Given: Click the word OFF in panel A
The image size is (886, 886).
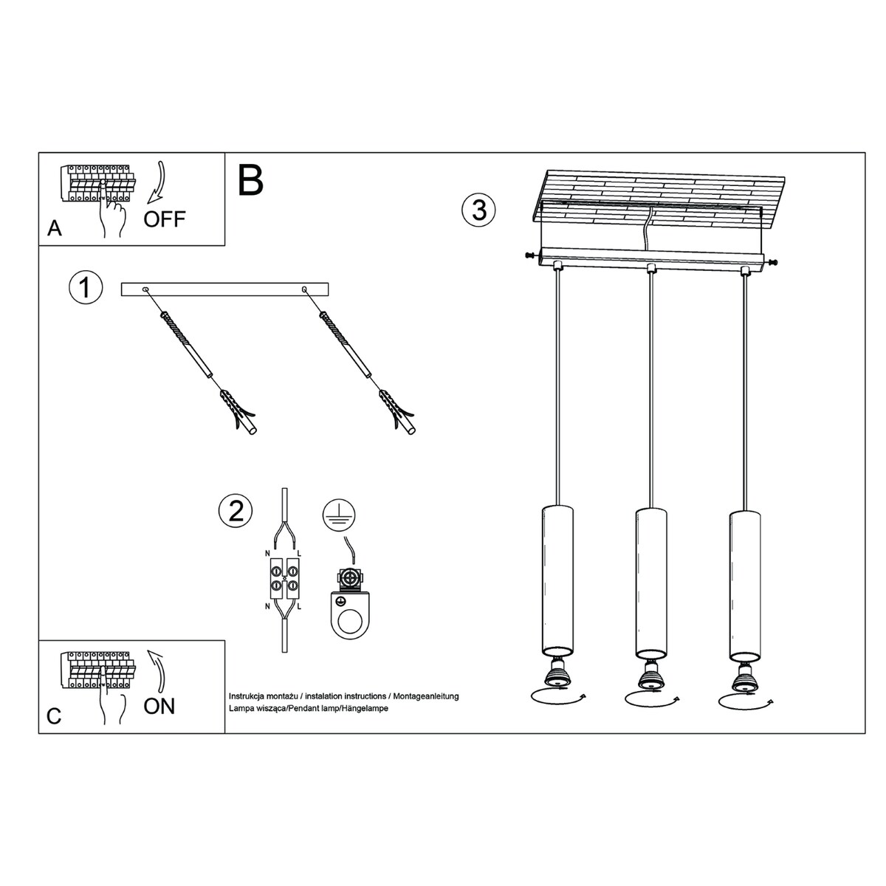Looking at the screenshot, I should (x=165, y=219).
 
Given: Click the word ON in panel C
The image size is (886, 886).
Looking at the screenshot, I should (x=159, y=706).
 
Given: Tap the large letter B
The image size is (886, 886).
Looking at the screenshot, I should (x=251, y=180).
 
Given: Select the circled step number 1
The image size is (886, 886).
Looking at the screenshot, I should (x=85, y=287).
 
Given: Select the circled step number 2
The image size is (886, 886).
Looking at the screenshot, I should (x=236, y=511).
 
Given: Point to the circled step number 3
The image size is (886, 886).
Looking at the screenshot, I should (x=478, y=210).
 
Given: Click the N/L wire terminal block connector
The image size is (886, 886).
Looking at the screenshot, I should (x=284, y=579).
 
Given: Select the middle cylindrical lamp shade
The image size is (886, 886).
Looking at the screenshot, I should (x=650, y=583).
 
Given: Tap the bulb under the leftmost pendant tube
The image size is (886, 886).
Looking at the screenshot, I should (x=558, y=673).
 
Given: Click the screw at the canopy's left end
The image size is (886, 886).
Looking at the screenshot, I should (x=529, y=256).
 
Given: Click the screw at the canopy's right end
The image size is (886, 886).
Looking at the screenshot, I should (x=772, y=262).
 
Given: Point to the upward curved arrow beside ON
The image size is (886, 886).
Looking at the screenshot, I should (x=158, y=669).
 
